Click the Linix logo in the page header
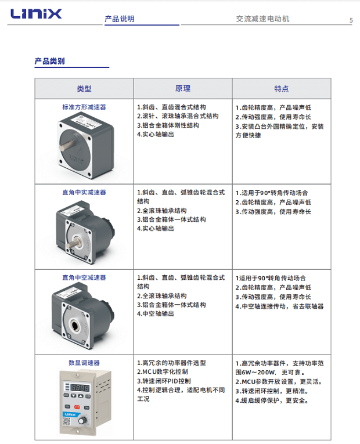(36, 13)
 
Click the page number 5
(351, 20)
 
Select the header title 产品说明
(120, 19)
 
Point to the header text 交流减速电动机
(262, 19)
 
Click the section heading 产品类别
(49, 61)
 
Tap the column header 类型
(84, 89)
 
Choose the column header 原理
(183, 89)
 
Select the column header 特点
(281, 89)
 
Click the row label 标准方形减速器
(84, 107)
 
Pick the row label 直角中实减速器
(84, 192)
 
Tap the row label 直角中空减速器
(84, 277)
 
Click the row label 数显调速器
(84, 363)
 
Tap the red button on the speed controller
(77, 407)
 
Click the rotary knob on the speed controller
(82, 421)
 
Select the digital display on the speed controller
(80, 388)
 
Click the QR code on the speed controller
(67, 421)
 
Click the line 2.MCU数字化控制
(163, 372)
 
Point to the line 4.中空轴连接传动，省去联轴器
(279, 306)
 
